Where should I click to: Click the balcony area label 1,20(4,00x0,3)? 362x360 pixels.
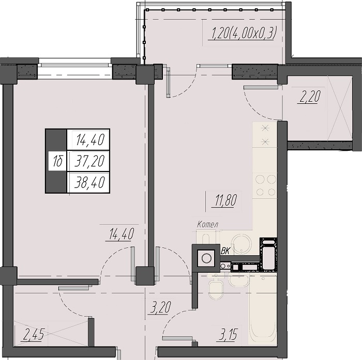[x=244, y=33]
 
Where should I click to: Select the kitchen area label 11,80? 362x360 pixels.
[x=226, y=200]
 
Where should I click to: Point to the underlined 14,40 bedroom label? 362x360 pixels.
[x=122, y=233]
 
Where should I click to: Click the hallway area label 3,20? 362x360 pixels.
[x=160, y=307]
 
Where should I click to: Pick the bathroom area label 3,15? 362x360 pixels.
[x=228, y=334]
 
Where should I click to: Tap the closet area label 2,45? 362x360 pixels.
[x=34, y=334]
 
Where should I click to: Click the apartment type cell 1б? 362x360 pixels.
[x=57, y=161]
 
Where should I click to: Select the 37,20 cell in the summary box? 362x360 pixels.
[x=89, y=161]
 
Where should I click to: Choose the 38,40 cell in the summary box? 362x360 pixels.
[x=89, y=182]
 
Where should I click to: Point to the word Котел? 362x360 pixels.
[x=207, y=224]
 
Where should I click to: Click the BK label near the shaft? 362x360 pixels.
[x=225, y=251]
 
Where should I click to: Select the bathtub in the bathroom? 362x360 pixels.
[x=263, y=308]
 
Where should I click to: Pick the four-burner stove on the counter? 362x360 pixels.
[x=265, y=185]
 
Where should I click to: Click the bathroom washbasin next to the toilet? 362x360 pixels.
[x=239, y=279]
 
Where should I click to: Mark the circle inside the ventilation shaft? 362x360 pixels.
[x=206, y=258]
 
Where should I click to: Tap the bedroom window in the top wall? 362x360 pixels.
[x=75, y=66]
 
